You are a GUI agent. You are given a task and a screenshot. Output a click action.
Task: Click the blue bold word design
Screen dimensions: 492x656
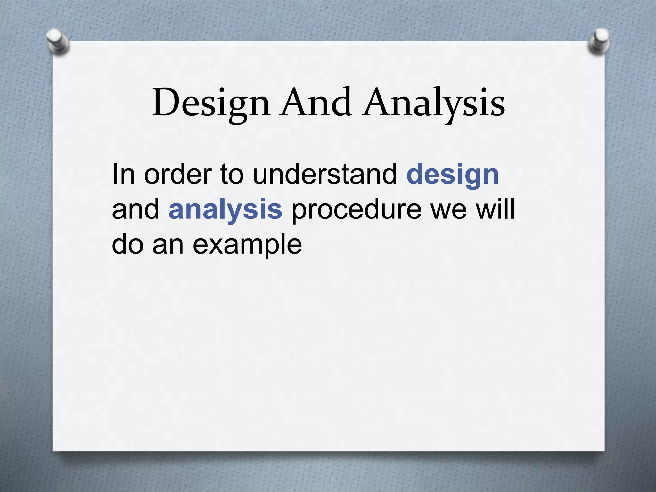point(452,176)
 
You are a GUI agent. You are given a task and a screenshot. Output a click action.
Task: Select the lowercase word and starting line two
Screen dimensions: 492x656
point(135,209)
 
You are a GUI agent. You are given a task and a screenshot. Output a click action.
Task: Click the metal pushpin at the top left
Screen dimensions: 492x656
point(58,42)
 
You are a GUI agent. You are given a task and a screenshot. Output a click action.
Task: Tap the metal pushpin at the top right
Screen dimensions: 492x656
point(599,41)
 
